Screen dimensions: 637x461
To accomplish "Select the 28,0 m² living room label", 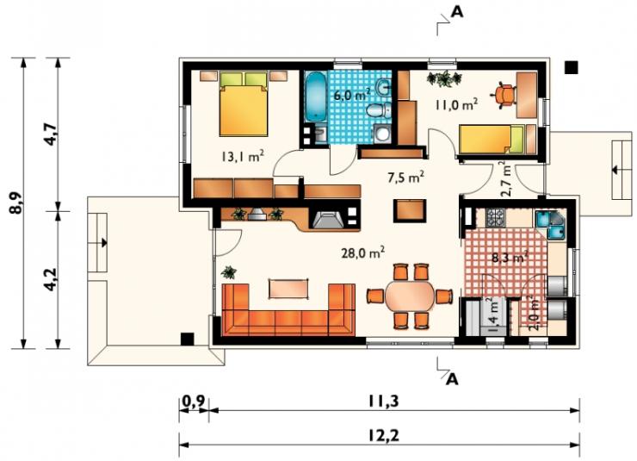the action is [362, 252].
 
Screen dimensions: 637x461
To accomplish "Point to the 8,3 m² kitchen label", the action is [510, 257].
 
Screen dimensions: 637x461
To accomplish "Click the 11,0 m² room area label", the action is [456, 104].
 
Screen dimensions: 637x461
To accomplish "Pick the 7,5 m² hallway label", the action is [405, 178].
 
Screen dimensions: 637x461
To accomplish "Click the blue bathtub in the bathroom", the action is [315, 97].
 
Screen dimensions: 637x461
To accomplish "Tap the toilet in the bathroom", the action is [377, 109].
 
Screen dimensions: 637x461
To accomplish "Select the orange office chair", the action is [504, 95].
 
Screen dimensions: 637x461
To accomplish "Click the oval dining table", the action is [410, 296].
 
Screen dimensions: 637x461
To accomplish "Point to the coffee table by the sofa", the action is [288, 288].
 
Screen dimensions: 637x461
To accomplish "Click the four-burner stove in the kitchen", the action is [495, 217].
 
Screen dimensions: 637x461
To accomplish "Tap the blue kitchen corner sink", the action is [550, 224].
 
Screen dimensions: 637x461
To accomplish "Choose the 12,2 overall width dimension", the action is [384, 436].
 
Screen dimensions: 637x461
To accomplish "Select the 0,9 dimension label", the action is [194, 402].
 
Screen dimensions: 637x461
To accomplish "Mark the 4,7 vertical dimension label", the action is [52, 134].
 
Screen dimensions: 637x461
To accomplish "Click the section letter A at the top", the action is [457, 12].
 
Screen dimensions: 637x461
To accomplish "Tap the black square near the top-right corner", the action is [572, 67].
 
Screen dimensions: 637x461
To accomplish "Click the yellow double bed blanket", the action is [244, 110].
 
